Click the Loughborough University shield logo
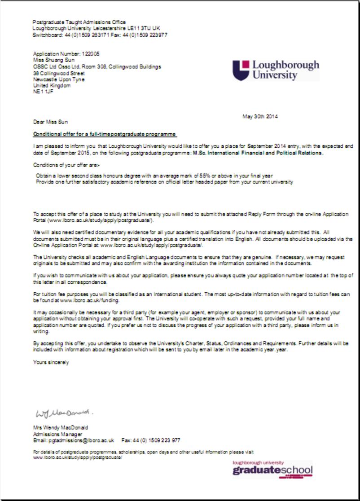click(x=241, y=70)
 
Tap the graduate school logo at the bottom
click(x=272, y=469)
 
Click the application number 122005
click(x=91, y=54)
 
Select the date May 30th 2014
click(x=260, y=117)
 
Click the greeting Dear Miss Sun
click(x=50, y=122)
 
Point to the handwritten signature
click(x=62, y=412)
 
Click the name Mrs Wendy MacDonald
click(x=60, y=427)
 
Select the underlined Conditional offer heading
click(x=105, y=135)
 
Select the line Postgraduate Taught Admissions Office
click(x=79, y=22)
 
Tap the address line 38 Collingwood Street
click(x=59, y=73)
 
